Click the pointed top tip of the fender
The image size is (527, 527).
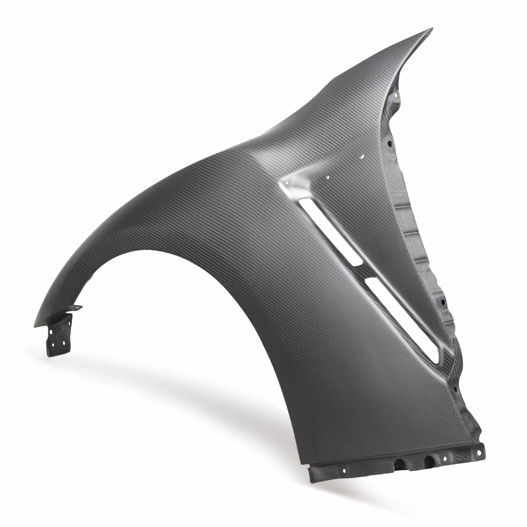pyautogui.click(x=432, y=29)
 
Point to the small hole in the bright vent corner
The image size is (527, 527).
pyautogui.click(x=287, y=183)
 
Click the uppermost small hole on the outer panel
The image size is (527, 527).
pyautogui.click(x=362, y=156)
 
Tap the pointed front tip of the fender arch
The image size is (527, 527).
pyautogui.click(x=35, y=326)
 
